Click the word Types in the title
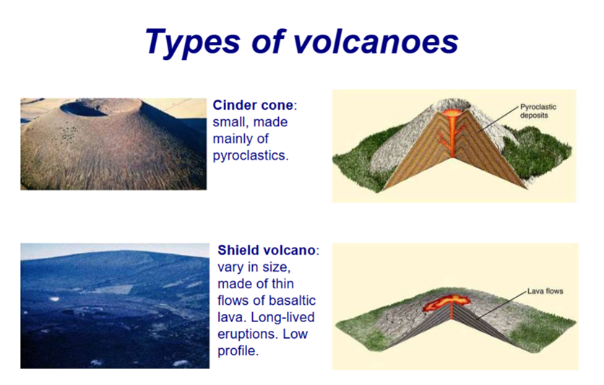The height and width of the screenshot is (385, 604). tap(193, 42)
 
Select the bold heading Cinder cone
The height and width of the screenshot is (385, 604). tap(253, 105)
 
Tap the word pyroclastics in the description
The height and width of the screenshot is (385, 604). tap(251, 155)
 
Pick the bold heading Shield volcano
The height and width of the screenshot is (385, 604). tap(267, 250)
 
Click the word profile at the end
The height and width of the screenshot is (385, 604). tap(236, 351)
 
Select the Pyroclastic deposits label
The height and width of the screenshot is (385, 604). tap(538, 111)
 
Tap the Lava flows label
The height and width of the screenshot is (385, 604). tap(545, 291)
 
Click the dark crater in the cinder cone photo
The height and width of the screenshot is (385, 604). tap(84, 109)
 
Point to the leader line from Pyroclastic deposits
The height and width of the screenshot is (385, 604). tap(499, 118)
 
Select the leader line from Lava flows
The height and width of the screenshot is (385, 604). tap(501, 306)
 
